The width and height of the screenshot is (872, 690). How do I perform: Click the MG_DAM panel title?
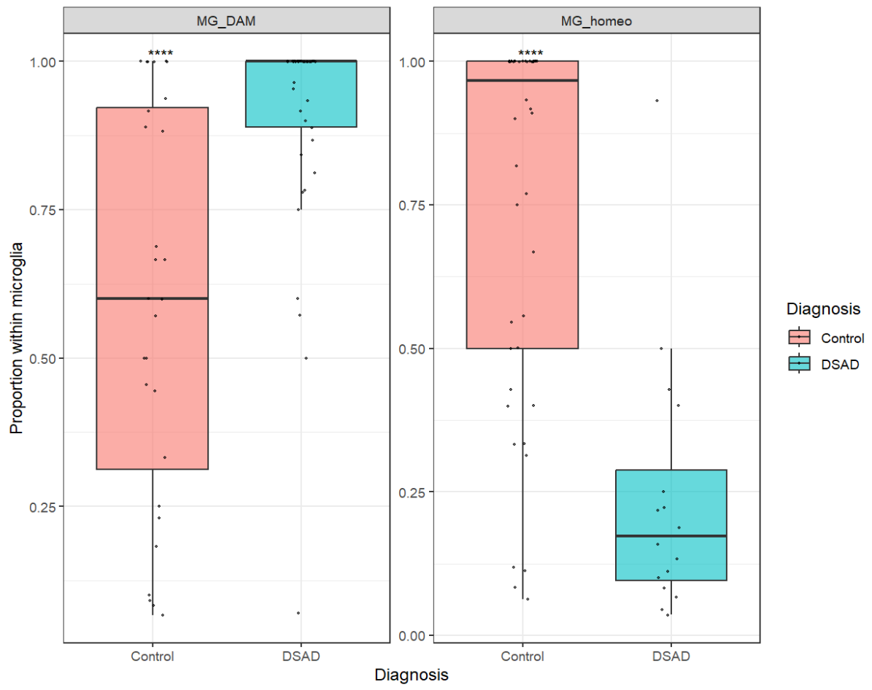coord(226,21)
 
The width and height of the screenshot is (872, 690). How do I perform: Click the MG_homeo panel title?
coord(597,21)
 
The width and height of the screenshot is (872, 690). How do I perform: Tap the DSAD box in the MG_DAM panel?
coord(301,94)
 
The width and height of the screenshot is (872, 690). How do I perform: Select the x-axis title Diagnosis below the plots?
coord(411,675)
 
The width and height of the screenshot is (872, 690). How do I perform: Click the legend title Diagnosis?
coord(823,309)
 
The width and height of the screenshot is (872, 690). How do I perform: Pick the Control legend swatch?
coord(799,337)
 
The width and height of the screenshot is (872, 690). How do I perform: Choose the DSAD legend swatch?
coord(799,363)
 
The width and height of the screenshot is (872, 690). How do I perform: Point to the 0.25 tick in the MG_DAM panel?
coord(45,507)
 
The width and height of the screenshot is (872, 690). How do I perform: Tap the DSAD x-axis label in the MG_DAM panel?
coord(301,656)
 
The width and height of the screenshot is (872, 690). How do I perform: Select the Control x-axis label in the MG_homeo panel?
coord(522,656)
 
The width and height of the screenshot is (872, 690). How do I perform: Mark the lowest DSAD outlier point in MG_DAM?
coord(298,613)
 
